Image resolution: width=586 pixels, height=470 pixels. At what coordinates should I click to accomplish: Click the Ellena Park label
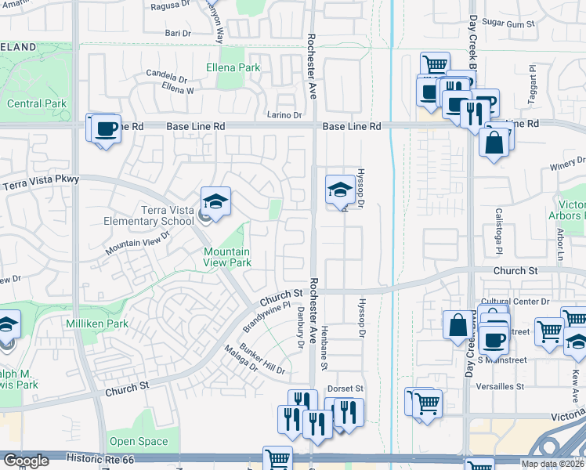233,68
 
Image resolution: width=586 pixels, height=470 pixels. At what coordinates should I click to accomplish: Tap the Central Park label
37,103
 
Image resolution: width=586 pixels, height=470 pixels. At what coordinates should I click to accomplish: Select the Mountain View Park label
227,257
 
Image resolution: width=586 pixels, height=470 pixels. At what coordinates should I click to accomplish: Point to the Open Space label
139,441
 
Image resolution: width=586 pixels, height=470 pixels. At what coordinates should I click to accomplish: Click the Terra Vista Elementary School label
149,215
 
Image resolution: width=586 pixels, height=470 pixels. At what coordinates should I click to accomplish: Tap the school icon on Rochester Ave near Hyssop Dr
339,190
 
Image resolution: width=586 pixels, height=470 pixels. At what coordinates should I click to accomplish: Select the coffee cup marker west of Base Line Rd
105,129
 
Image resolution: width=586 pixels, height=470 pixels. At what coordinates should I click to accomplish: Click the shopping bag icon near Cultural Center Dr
458,324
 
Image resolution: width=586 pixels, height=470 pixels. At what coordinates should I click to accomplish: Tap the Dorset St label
347,389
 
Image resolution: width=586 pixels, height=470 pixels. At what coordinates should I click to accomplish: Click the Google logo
26,460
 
